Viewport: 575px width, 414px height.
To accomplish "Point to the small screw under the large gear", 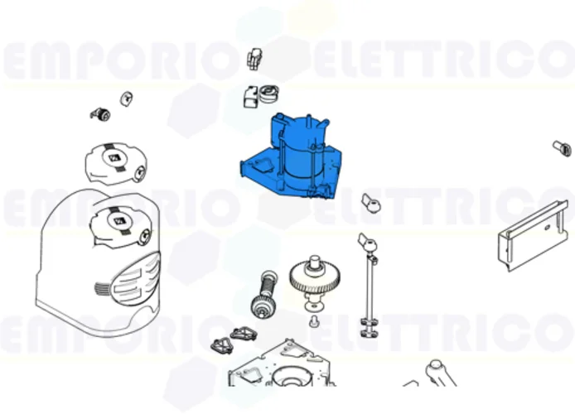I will tap(315, 319).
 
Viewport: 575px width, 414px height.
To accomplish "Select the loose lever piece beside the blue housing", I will tap(370, 202).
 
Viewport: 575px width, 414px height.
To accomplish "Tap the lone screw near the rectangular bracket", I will tap(562, 148).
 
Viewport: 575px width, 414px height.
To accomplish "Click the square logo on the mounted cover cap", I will tap(117, 220).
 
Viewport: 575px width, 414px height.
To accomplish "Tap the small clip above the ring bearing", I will tap(255, 59).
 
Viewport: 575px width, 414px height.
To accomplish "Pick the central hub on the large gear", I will tap(316, 267).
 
